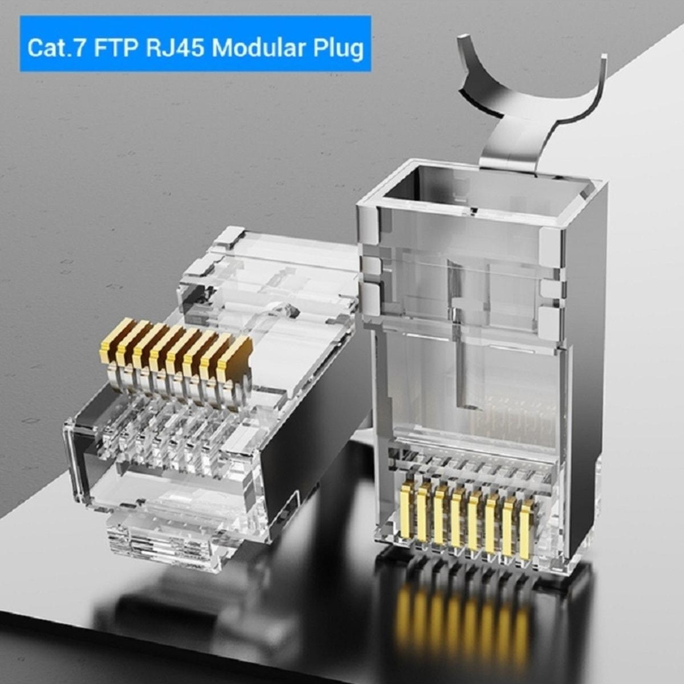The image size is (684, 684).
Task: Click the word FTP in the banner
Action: tap(116, 48)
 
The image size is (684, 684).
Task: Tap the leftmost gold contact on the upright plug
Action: tap(406, 510)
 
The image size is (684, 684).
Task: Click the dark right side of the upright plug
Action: tap(584, 399)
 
